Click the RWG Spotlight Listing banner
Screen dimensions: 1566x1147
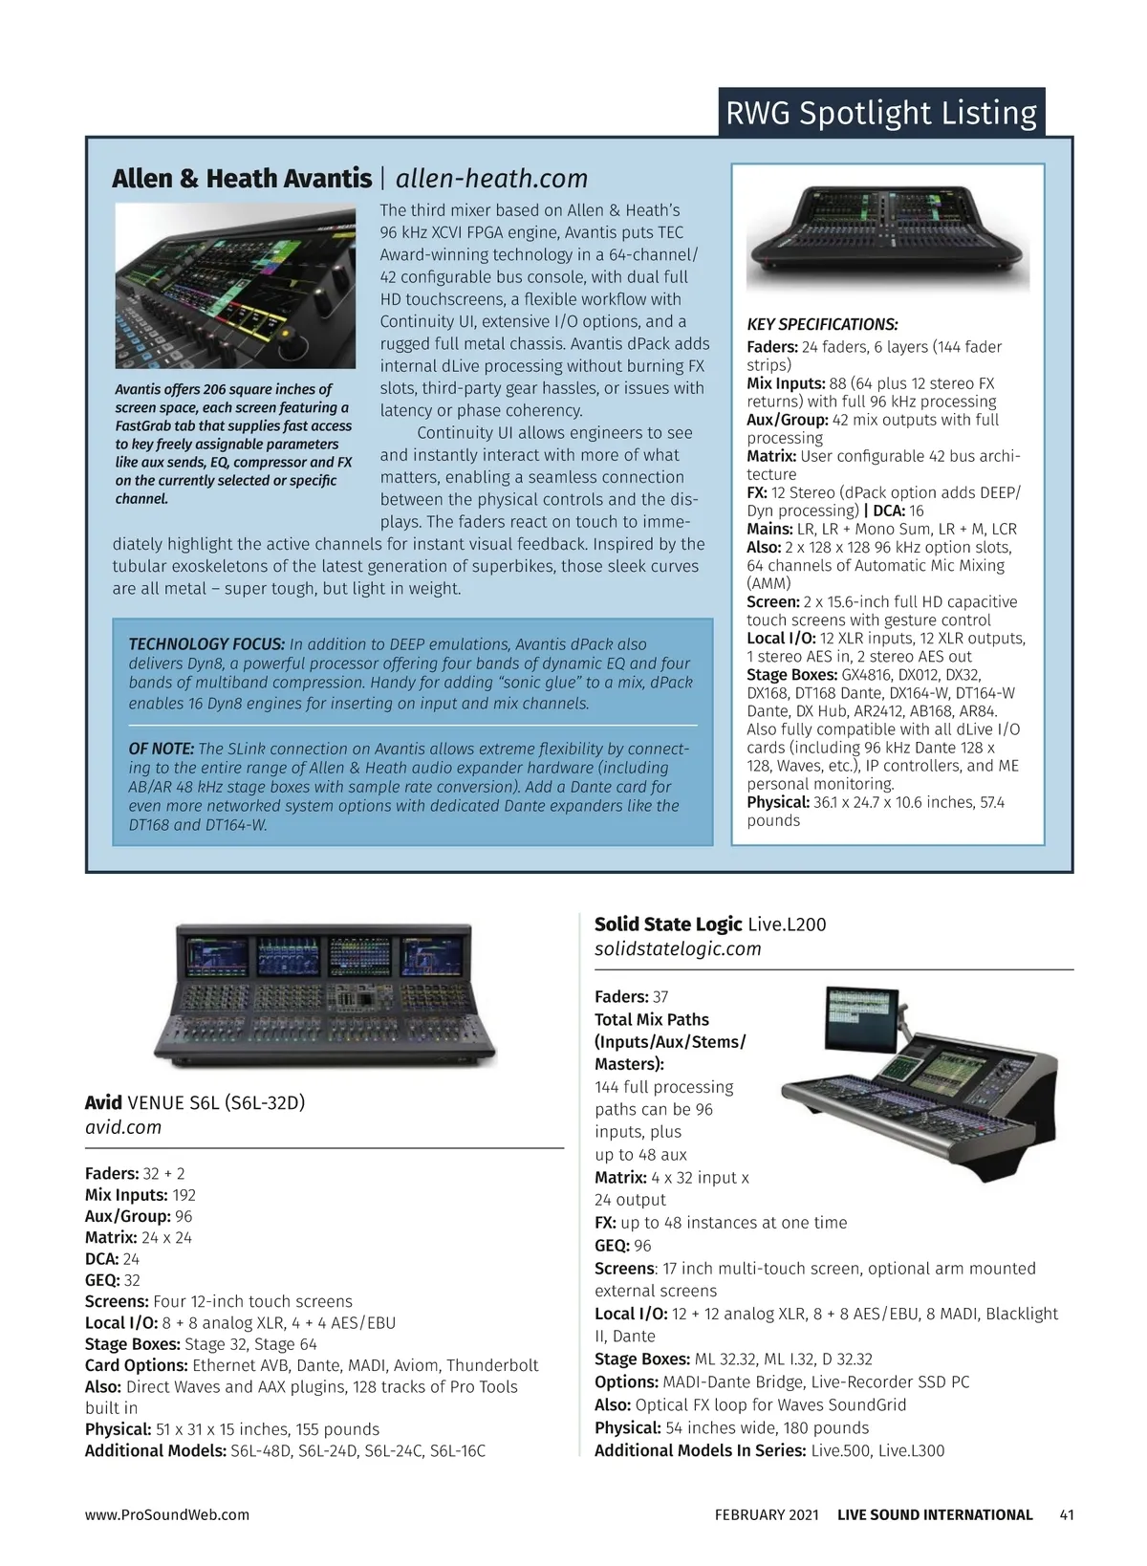coord(880,113)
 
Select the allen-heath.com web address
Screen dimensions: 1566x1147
coord(491,179)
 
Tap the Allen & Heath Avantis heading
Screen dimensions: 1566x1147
coord(242,179)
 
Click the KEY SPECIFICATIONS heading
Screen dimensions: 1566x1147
coord(822,325)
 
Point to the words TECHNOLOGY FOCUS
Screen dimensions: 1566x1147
coord(206,644)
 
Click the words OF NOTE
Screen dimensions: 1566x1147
coord(162,749)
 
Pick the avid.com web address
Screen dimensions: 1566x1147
coord(123,1127)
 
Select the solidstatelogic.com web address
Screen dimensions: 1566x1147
coord(678,948)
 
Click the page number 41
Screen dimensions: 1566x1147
coord(1067,1514)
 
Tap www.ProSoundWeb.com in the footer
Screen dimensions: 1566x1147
coord(167,1514)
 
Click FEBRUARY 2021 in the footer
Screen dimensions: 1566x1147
coord(767,1514)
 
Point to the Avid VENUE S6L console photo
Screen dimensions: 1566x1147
coord(325,994)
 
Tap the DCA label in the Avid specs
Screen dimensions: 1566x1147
coord(102,1259)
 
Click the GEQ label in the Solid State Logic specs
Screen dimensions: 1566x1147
coord(612,1246)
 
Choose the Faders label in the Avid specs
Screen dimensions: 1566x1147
coord(112,1173)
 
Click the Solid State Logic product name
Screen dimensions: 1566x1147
coord(668,924)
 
